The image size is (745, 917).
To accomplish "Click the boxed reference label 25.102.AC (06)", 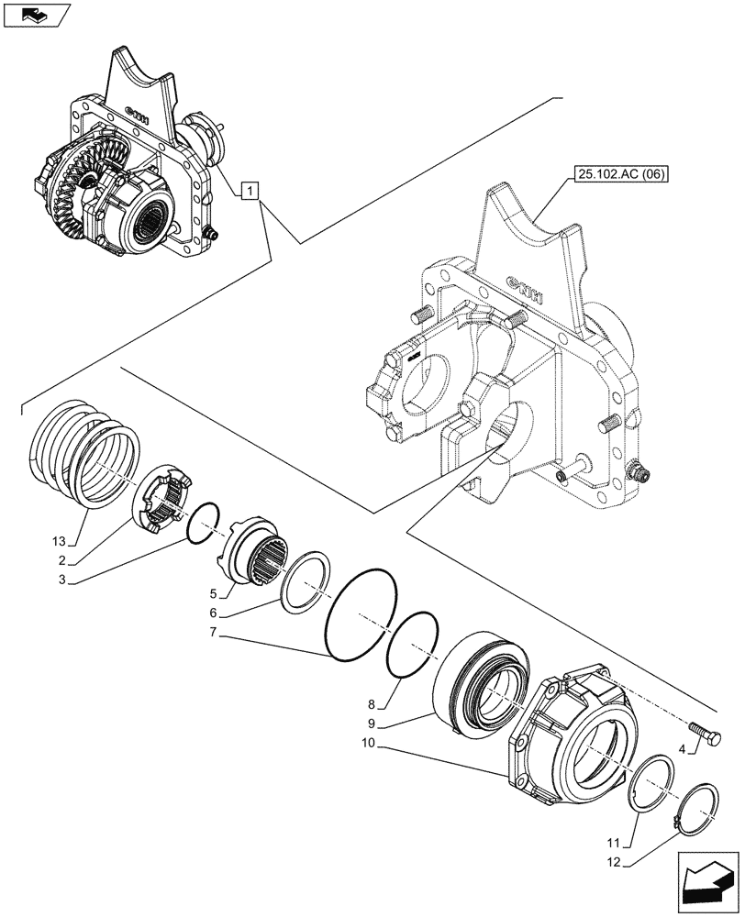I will coord(621,174).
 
